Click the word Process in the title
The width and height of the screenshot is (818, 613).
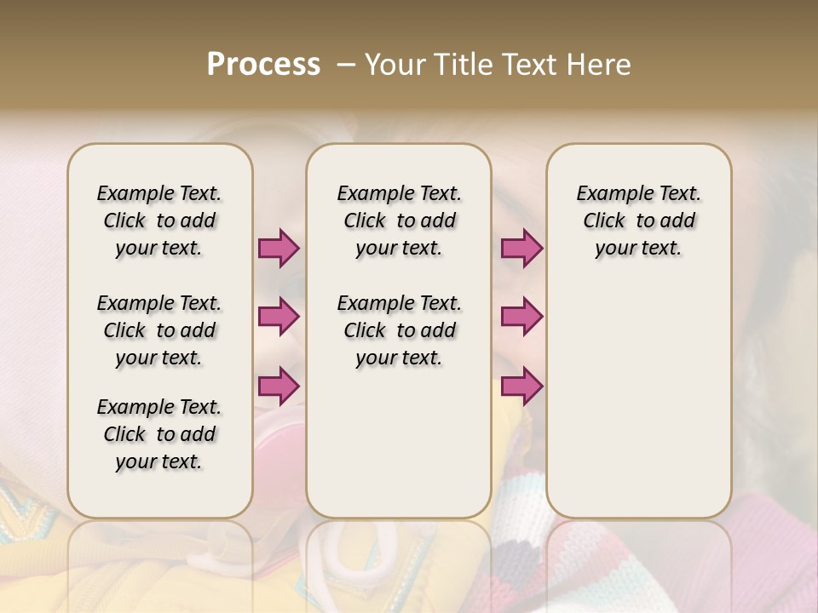[263, 65]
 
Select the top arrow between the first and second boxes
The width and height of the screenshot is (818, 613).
[279, 248]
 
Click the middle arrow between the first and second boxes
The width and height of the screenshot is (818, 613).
[279, 317]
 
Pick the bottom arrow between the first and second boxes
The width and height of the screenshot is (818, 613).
[279, 386]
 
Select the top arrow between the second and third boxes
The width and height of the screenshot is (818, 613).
[521, 248]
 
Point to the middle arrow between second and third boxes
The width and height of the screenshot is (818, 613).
[521, 317]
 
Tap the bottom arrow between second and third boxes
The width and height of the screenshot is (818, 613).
[521, 386]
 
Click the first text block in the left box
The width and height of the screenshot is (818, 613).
[159, 221]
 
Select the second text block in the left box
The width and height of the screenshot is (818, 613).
[159, 330]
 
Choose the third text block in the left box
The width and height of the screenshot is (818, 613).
[159, 434]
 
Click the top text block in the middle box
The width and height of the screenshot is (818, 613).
[399, 221]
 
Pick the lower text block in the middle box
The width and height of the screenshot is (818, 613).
[399, 330]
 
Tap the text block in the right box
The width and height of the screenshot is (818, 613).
[638, 221]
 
